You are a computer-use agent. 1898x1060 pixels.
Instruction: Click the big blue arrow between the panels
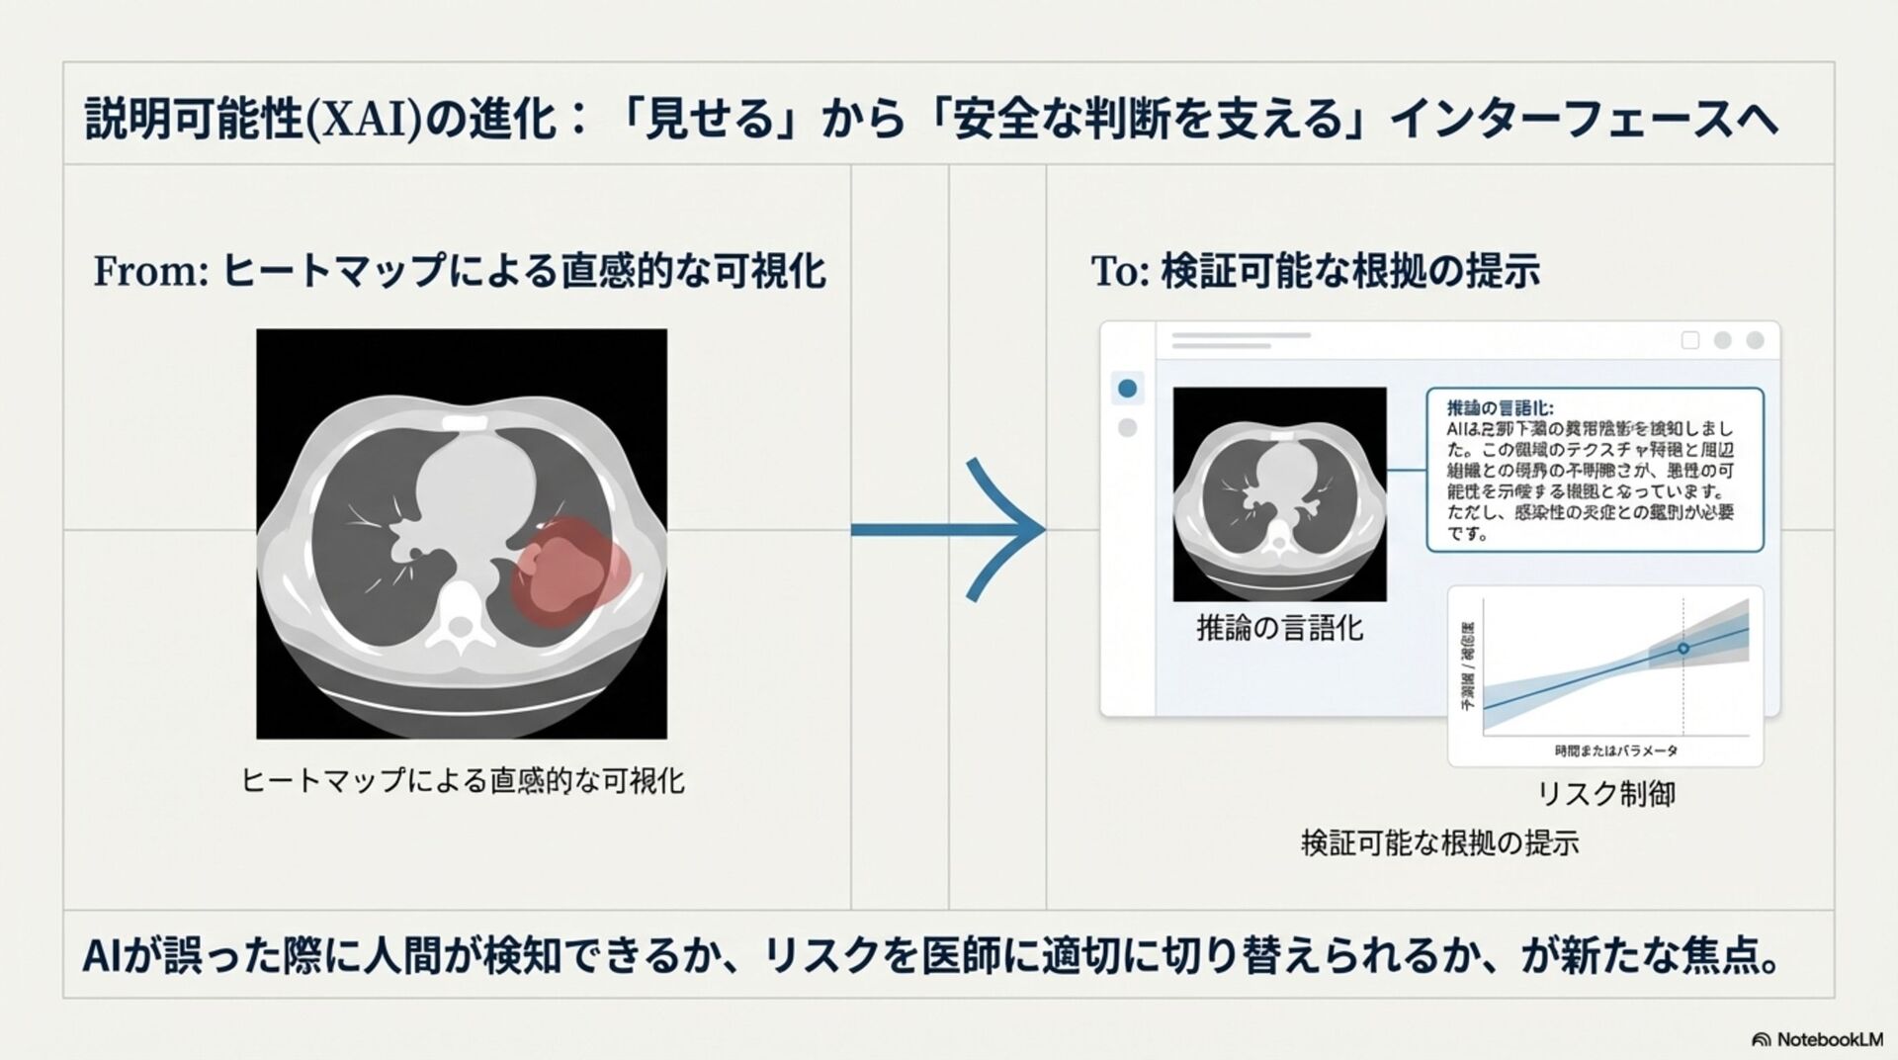click(949, 530)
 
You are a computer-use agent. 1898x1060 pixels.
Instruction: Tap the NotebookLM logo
click(1816, 1039)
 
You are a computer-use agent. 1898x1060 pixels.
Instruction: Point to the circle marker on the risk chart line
click(1683, 649)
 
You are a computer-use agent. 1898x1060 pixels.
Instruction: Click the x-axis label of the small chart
click(1615, 751)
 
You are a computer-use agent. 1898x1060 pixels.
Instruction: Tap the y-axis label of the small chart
click(1467, 667)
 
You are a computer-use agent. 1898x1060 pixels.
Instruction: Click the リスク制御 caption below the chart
click(1605, 794)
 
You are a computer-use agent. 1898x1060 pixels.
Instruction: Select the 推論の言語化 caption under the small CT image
click(1279, 628)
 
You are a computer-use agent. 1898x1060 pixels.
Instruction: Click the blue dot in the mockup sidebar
click(1127, 389)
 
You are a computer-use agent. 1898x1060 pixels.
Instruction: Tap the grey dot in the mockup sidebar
click(1127, 428)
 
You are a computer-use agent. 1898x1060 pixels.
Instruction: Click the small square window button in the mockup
click(1690, 340)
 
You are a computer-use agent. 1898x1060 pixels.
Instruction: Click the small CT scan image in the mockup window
click(1279, 493)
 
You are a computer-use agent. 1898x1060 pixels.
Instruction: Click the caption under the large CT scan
click(463, 781)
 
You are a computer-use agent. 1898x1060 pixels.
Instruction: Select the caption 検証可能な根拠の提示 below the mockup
click(1439, 843)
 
